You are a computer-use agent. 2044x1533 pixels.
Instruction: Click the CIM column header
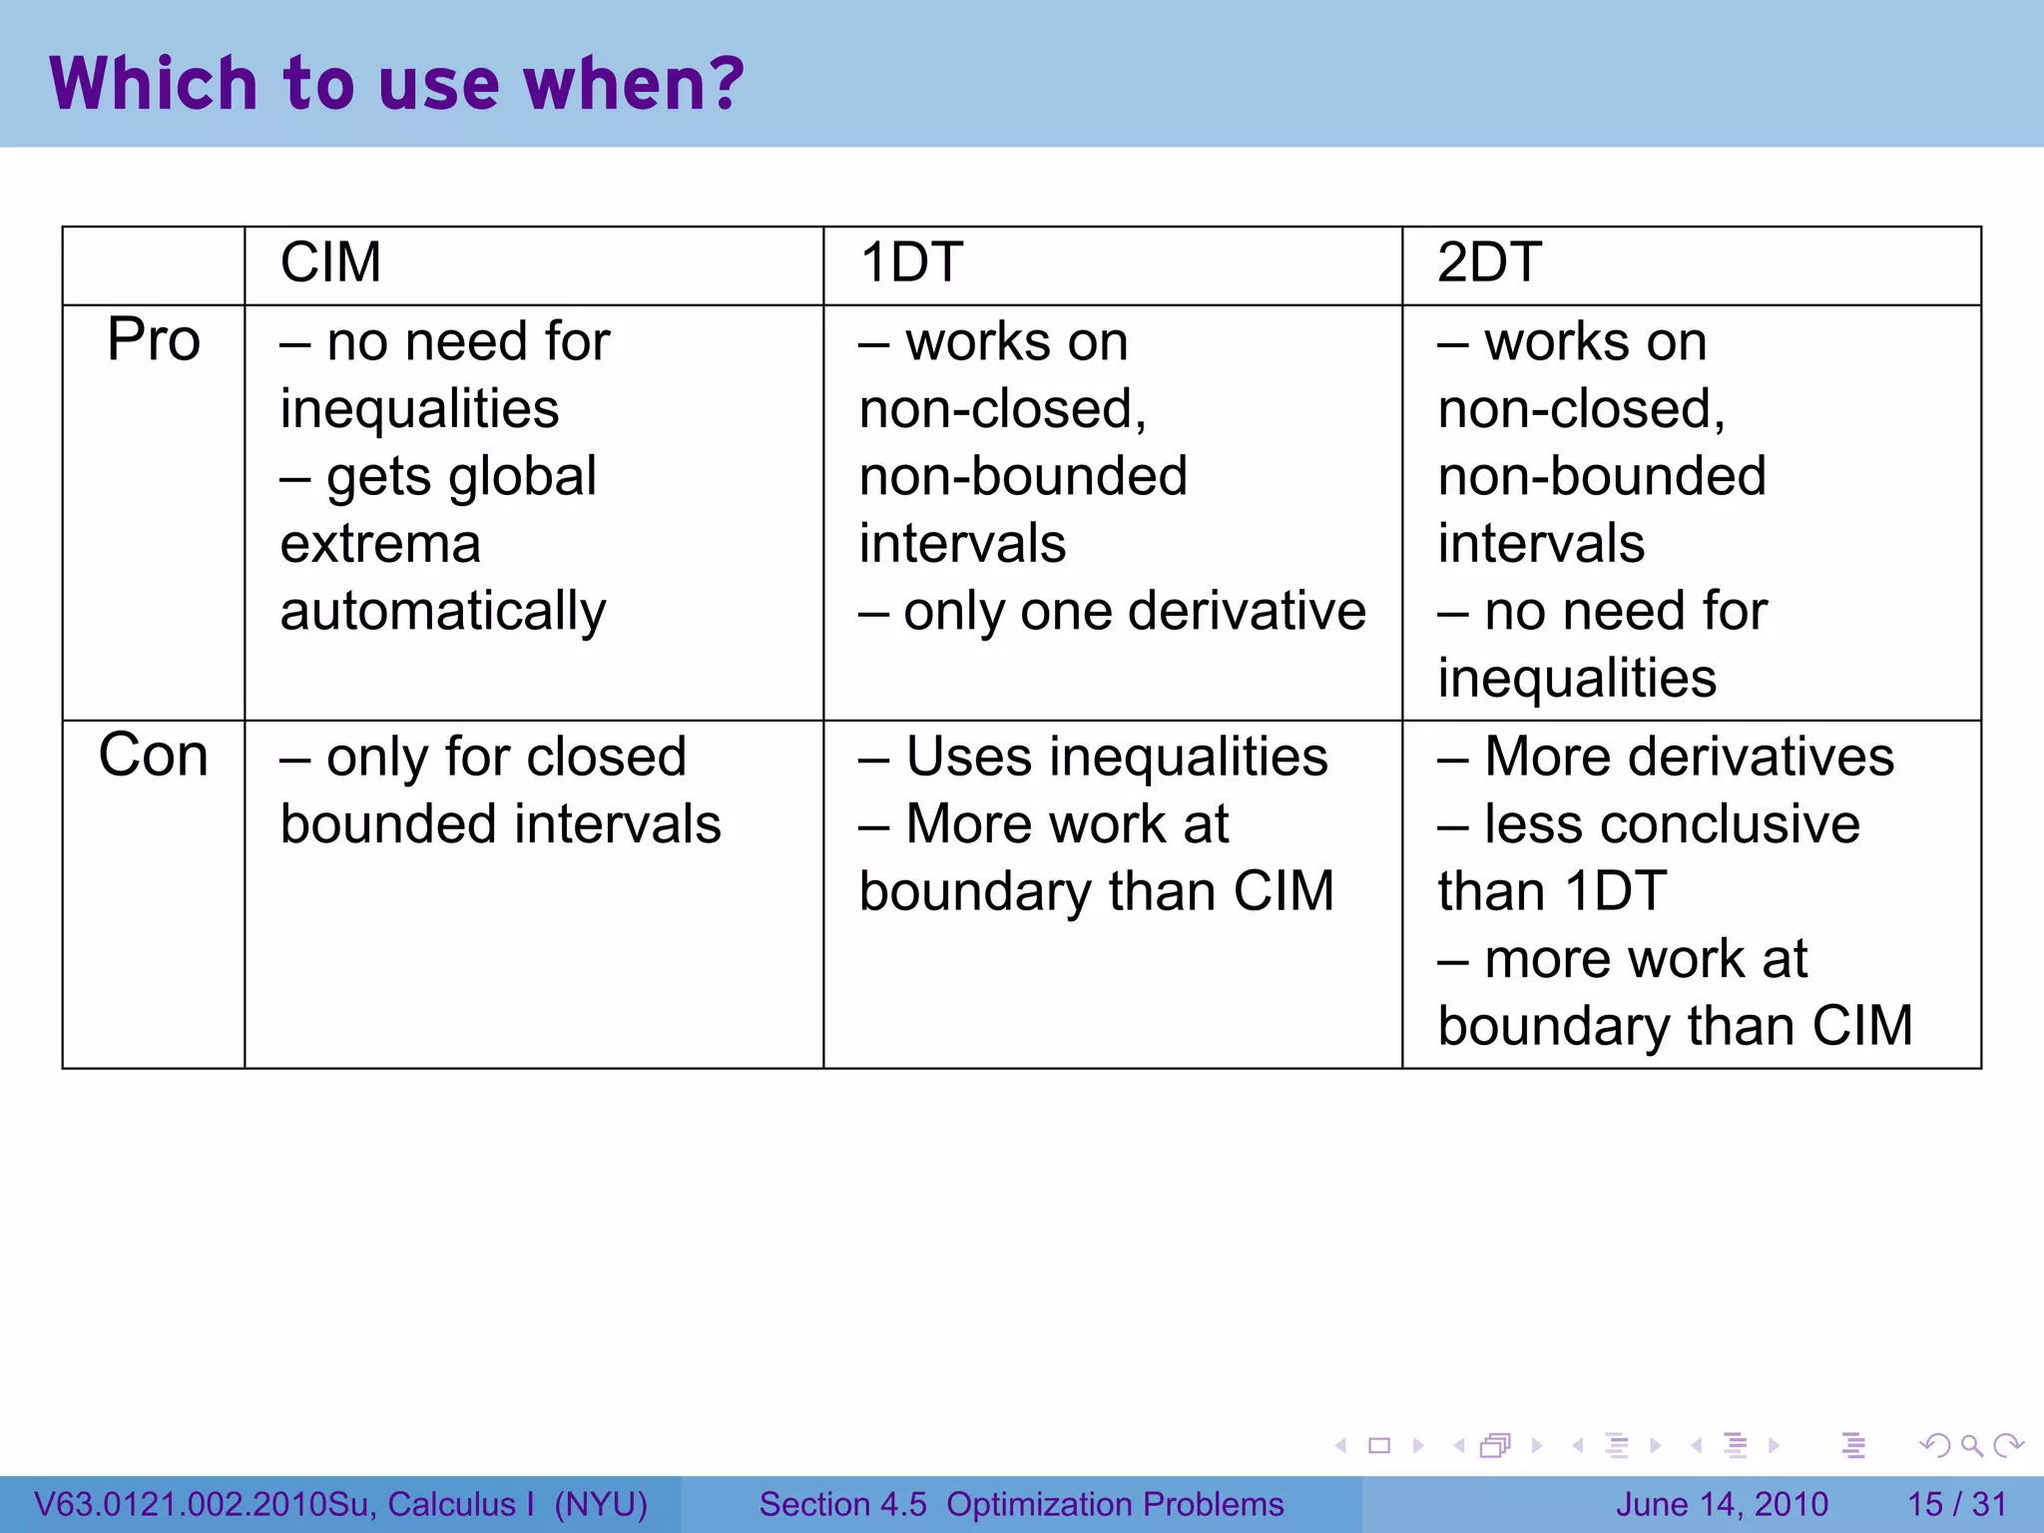click(330, 262)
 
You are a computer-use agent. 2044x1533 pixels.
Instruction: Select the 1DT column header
click(910, 262)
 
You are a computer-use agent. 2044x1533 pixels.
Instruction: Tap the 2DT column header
click(1489, 262)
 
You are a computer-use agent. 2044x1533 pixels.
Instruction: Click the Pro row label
click(154, 339)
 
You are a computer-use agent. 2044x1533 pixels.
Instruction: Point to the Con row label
click(154, 756)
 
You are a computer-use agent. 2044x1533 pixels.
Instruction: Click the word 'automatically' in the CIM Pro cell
click(443, 611)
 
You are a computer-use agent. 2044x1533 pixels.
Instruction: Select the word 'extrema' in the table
click(380, 544)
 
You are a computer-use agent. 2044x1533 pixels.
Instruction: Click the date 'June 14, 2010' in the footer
click(1722, 1504)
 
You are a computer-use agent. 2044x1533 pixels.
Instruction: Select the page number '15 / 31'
click(1956, 1504)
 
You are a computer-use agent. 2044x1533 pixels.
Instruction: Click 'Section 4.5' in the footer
click(842, 1504)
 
